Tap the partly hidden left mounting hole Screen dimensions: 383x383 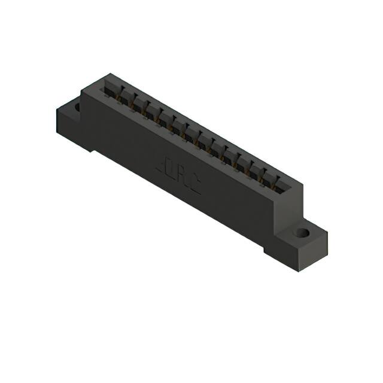click(x=77, y=108)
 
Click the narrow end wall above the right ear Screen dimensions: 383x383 click(x=288, y=203)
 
